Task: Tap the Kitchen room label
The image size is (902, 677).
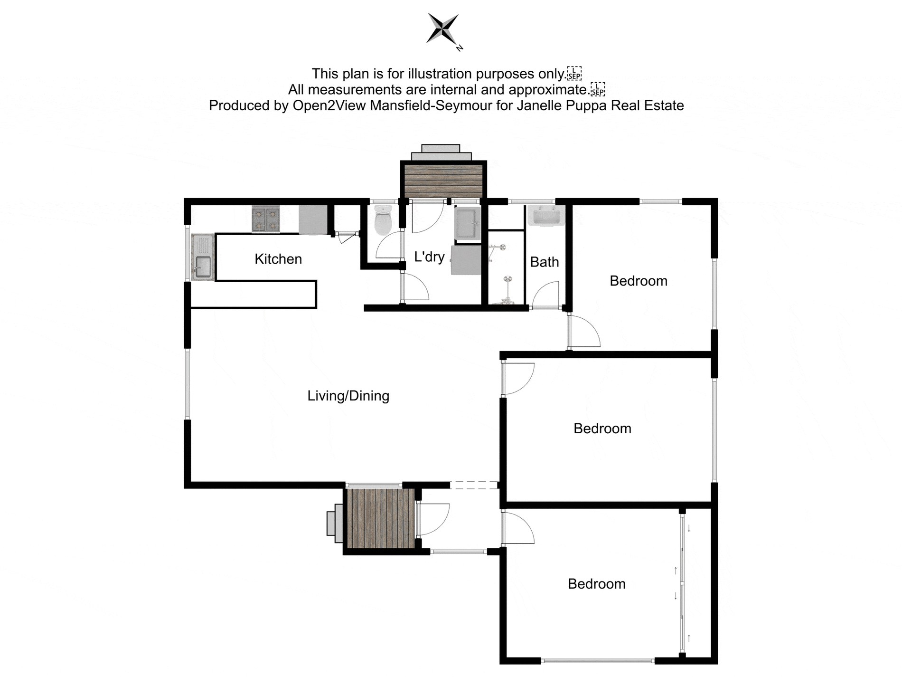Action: (x=278, y=259)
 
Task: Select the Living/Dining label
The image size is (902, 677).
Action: (x=348, y=396)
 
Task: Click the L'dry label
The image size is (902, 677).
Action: (x=429, y=257)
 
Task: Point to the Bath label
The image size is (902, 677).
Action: (x=544, y=262)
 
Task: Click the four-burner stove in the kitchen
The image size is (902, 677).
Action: (x=265, y=219)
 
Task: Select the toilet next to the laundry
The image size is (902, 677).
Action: (x=383, y=220)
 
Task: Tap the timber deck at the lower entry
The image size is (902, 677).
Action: (x=381, y=519)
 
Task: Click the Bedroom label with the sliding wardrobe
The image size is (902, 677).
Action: (x=596, y=584)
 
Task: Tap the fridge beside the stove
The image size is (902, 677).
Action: (x=313, y=219)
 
